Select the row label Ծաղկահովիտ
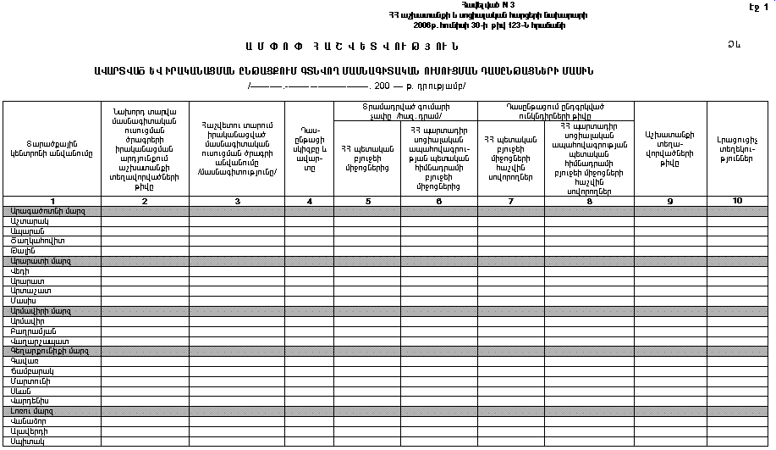(x=33, y=241)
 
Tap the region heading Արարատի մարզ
(x=34, y=260)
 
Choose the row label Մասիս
(x=22, y=300)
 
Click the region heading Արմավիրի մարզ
(x=36, y=310)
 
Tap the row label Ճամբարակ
(x=28, y=370)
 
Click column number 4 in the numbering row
(x=309, y=201)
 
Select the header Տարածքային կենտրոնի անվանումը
(x=51, y=148)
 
